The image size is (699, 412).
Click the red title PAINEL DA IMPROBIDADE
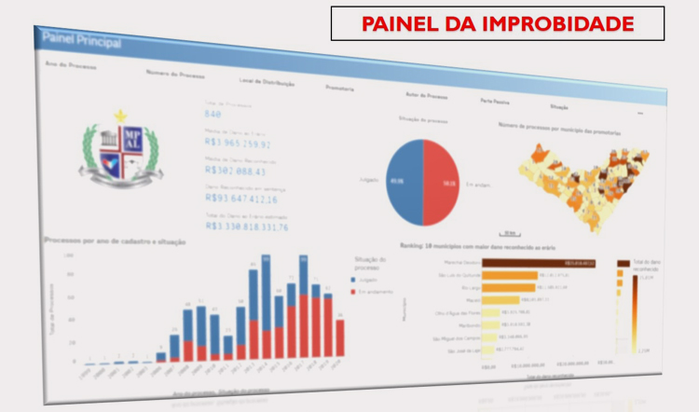point(497,22)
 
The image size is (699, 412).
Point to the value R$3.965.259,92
point(237,144)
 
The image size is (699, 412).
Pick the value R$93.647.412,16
point(240,199)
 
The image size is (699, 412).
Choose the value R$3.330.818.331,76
point(246,226)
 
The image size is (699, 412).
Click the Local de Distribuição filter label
point(265,83)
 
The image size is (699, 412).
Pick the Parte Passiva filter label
point(494,100)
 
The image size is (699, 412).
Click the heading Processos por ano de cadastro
point(116,241)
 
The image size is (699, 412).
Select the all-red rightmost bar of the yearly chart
point(340,338)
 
